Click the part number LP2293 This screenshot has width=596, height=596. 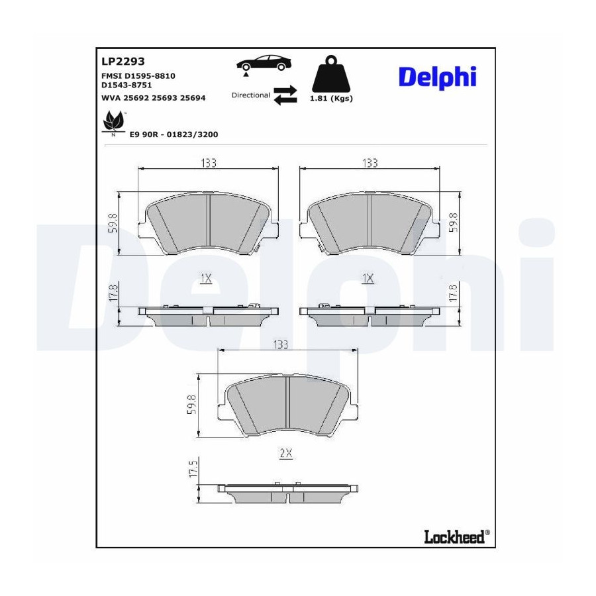click(x=123, y=61)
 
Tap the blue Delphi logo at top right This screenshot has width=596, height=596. click(x=437, y=78)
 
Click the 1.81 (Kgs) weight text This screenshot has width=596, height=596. click(x=331, y=99)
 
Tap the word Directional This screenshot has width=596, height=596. click(x=251, y=95)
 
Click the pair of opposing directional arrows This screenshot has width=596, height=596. click(x=285, y=95)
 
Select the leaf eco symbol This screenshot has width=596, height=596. click(x=114, y=122)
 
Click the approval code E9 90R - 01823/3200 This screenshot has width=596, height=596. click(x=174, y=134)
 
